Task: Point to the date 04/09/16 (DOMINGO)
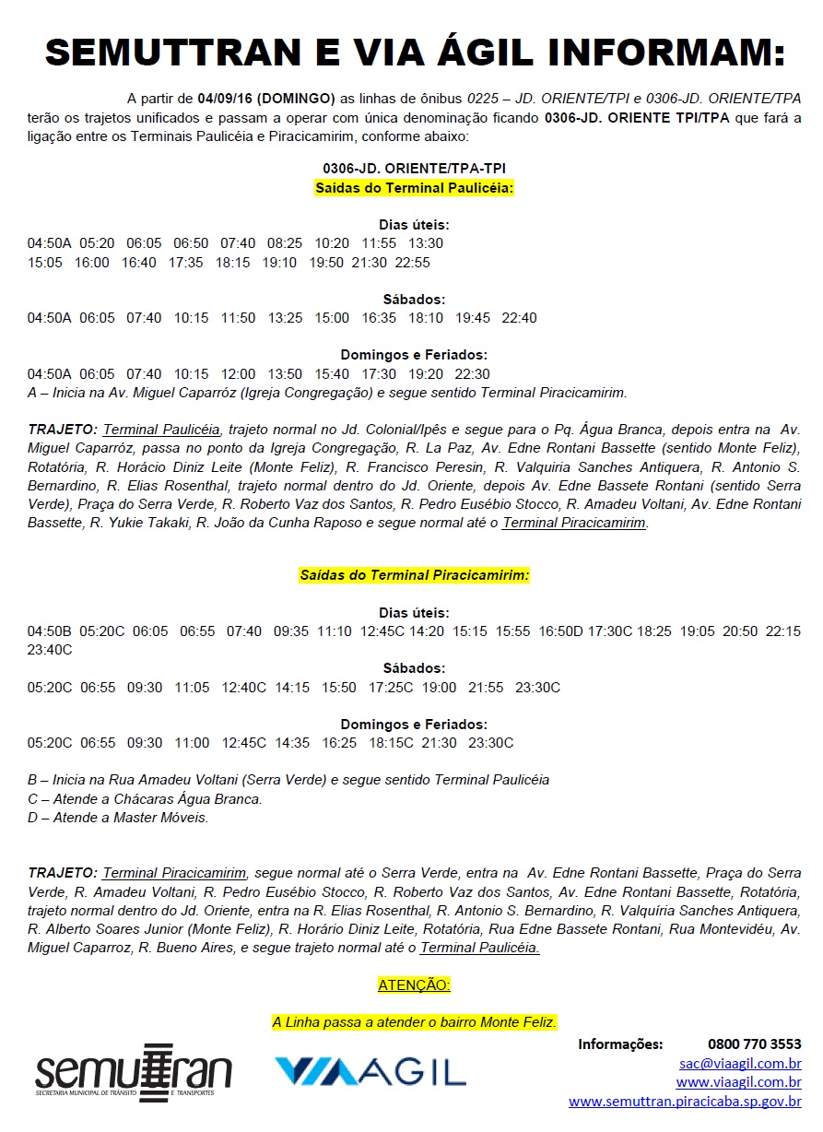point(265,99)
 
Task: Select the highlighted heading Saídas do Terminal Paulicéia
point(414,188)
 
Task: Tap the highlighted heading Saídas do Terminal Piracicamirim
point(414,575)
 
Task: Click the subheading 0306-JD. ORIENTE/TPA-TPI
point(414,170)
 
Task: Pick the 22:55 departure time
point(412,263)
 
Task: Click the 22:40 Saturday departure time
point(519,318)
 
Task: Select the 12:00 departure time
point(238,374)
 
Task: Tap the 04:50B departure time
point(49,631)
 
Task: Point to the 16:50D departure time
point(560,631)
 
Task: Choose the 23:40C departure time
point(49,650)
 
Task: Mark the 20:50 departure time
point(740,631)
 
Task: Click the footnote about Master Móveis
point(118,818)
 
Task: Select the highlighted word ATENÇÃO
point(414,985)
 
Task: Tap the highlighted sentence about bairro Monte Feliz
point(414,1022)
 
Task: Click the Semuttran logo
point(133,1073)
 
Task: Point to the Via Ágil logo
point(370,1071)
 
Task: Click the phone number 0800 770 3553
point(754,1044)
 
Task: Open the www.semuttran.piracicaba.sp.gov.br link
point(685,1102)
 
